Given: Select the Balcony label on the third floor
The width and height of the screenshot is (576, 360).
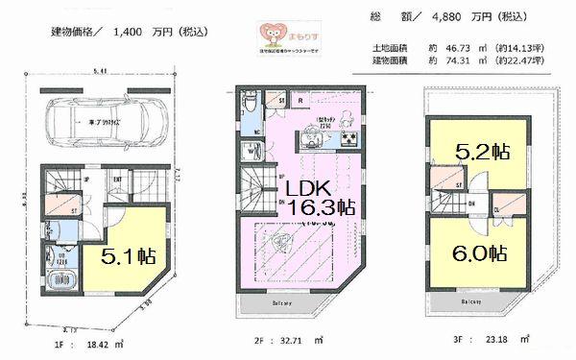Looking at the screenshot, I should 470,300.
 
